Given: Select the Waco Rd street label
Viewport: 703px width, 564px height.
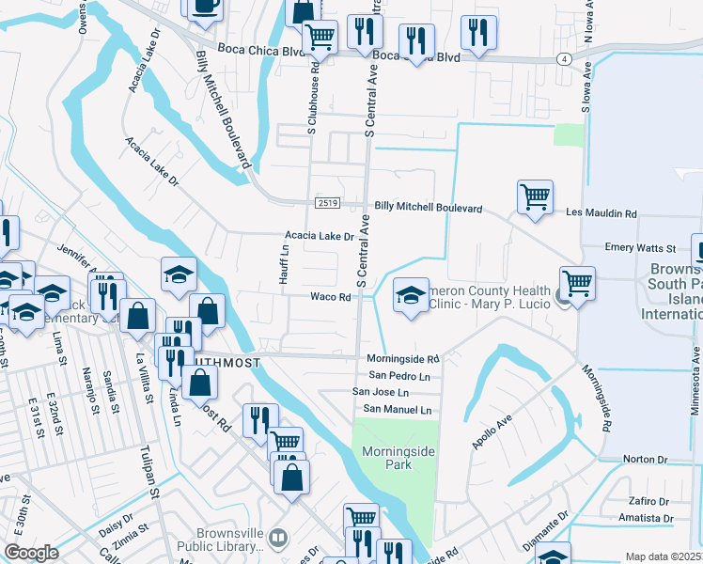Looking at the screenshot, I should (x=331, y=297).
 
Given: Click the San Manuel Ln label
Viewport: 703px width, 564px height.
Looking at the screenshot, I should (x=398, y=409).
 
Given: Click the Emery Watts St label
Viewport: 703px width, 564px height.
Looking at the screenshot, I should (x=640, y=248).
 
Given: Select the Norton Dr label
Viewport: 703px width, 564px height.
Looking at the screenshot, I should (x=645, y=460).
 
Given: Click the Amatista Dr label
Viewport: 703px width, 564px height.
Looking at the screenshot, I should (x=646, y=518).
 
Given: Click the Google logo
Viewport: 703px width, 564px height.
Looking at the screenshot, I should (x=31, y=553).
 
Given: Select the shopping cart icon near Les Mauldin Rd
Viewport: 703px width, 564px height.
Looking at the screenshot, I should (x=535, y=196).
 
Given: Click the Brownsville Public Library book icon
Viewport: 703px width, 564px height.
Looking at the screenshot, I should (x=277, y=538).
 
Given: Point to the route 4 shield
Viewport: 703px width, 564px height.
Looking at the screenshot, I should (x=564, y=58).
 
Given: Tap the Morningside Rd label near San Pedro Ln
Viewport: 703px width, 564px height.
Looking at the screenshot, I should (x=403, y=359).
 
